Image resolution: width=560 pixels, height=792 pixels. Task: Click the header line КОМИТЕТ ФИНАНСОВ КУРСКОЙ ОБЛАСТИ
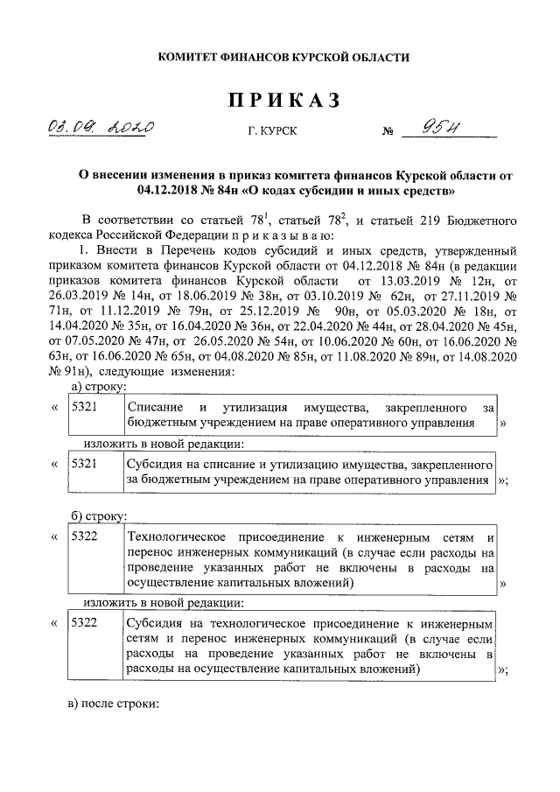click(283, 57)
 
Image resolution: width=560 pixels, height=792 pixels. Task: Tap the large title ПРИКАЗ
click(283, 101)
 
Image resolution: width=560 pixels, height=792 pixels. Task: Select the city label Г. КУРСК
click(272, 132)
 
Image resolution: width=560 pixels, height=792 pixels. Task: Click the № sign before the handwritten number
click(388, 133)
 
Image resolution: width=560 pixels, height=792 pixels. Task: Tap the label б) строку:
click(98, 514)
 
